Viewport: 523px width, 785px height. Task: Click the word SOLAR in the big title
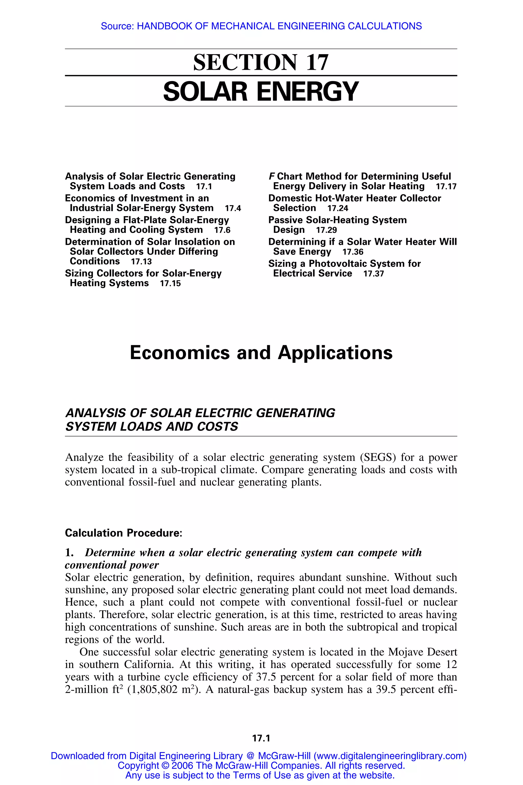[x=205, y=92]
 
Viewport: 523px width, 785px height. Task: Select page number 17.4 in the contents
[x=233, y=209]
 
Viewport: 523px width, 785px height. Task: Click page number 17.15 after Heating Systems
[x=170, y=284]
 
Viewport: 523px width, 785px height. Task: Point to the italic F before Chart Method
[x=271, y=176]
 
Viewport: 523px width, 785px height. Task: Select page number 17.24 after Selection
[x=338, y=209]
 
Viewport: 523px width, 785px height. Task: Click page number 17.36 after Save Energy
[x=353, y=252]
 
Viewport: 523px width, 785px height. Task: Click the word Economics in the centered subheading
[x=180, y=353]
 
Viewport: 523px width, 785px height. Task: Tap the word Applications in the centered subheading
[x=335, y=353]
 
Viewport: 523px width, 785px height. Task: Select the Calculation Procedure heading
[x=123, y=533]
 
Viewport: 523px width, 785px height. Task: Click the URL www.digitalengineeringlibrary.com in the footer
[x=390, y=756]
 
